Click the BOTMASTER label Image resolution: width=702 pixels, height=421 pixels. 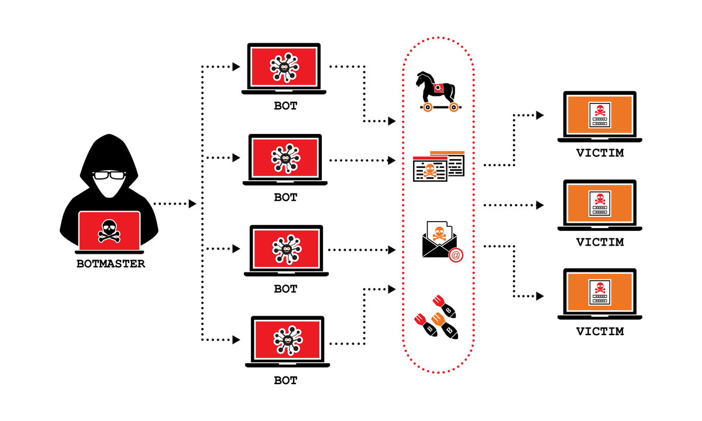coord(111,264)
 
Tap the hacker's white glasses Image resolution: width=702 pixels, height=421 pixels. coord(110,175)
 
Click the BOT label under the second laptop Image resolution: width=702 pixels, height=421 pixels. coord(285,198)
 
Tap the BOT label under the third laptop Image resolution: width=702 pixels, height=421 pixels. coord(285,289)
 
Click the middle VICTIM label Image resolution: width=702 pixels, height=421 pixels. coord(600,242)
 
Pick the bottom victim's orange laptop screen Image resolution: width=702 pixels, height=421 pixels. coord(599,292)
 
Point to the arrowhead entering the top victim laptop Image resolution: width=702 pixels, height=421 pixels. coord(540,115)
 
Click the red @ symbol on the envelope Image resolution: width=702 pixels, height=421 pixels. coord(455,254)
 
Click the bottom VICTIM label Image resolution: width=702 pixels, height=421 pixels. coord(600,332)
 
